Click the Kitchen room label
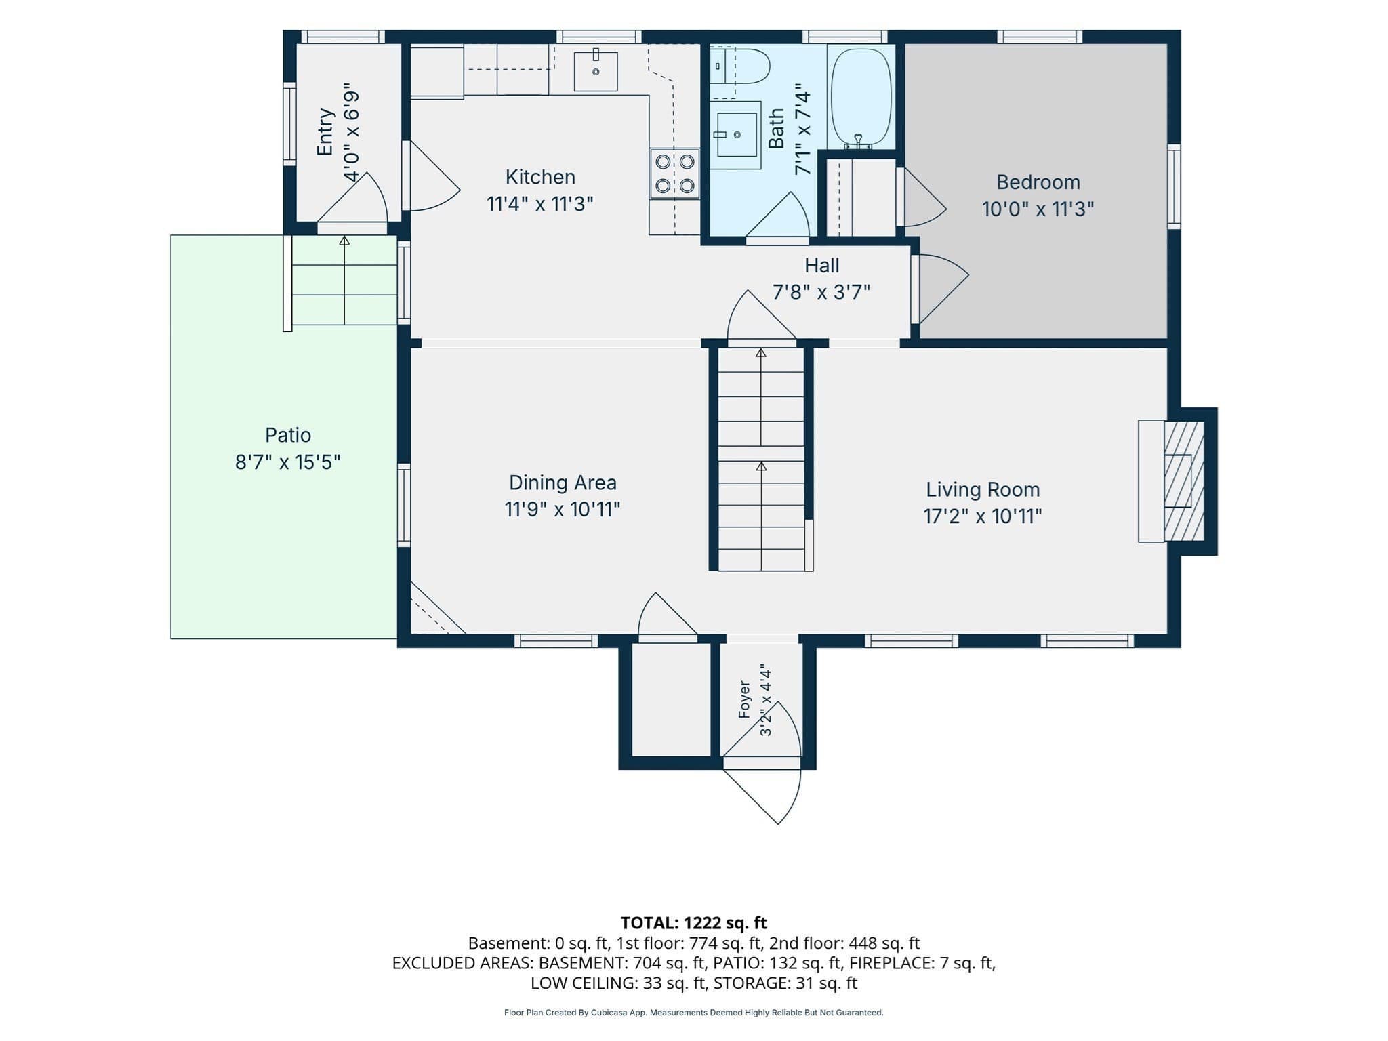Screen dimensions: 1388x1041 [x=540, y=178]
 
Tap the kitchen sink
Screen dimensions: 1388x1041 [x=596, y=70]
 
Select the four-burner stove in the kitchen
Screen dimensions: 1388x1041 [x=675, y=173]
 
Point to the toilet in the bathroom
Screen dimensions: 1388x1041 [x=740, y=66]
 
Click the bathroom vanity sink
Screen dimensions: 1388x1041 [x=735, y=135]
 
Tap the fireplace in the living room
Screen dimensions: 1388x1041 [x=1177, y=481]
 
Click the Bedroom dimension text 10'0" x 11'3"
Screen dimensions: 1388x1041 [x=1038, y=209]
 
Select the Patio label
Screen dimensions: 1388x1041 [x=288, y=435]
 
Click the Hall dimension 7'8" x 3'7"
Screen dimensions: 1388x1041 [x=821, y=292]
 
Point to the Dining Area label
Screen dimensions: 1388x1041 [x=563, y=483]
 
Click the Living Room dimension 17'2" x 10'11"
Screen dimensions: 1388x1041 [x=983, y=516]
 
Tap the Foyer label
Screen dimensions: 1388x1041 [x=744, y=699]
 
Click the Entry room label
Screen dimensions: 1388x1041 [x=325, y=132]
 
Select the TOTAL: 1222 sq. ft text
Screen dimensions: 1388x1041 [x=694, y=923]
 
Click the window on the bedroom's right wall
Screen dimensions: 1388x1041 [x=1174, y=186]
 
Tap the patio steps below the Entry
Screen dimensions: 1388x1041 [x=344, y=280]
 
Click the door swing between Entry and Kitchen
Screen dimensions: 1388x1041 [x=431, y=176]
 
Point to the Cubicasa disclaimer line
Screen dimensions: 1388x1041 [x=694, y=1013]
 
